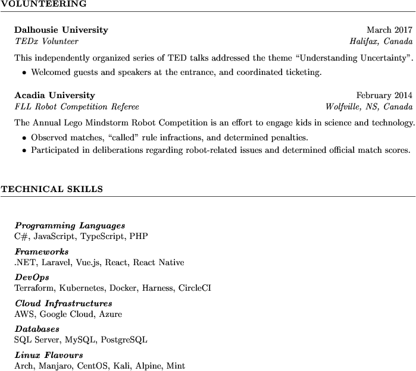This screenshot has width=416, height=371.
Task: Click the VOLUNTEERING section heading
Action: pos(43,4)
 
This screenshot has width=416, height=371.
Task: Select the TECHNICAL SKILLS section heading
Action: pos(52,190)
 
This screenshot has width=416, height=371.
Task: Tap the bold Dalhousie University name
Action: pos(61,30)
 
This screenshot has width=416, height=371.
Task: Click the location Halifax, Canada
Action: pos(381,42)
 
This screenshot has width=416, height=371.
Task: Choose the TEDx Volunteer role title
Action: pos(46,42)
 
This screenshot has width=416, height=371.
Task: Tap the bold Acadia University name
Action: pos(54,95)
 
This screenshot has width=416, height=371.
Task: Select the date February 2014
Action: pos(384,95)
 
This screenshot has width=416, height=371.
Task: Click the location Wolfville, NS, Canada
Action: pos(369,107)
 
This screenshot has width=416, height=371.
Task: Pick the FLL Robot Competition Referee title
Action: pos(76,107)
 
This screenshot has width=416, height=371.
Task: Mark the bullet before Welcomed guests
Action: pos(24,73)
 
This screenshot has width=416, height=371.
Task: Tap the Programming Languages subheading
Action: pos(70,226)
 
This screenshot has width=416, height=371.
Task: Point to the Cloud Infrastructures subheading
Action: pos(63,304)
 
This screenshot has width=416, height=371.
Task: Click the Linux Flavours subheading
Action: pos(48,356)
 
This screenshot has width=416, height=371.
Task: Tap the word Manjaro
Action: pos(55,366)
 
